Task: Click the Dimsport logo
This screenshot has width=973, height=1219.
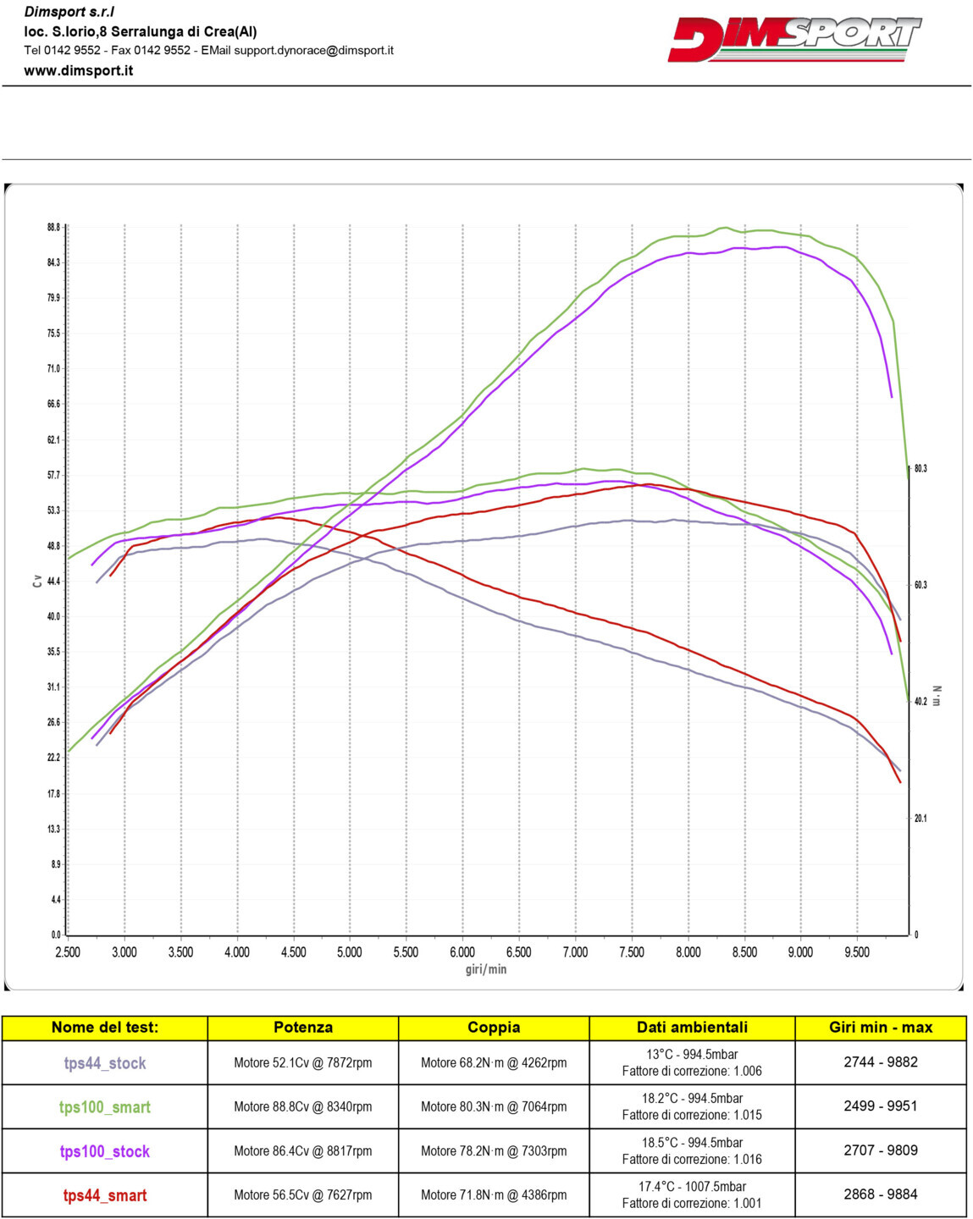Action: (793, 39)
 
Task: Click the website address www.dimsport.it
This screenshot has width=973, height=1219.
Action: (78, 71)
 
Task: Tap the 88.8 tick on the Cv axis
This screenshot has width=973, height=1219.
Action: (53, 227)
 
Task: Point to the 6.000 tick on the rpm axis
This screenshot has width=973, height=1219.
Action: (462, 952)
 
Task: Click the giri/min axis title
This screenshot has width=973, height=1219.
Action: (485, 969)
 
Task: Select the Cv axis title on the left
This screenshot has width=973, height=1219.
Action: (37, 581)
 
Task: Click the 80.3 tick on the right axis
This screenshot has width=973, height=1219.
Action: (920, 468)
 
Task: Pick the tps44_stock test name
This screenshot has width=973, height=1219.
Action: (105, 1063)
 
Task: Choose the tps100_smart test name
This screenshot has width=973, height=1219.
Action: (105, 1107)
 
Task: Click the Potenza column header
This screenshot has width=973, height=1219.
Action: (303, 1028)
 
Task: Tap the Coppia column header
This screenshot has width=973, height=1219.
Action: (494, 1028)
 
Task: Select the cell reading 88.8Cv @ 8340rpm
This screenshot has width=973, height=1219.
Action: (303, 1106)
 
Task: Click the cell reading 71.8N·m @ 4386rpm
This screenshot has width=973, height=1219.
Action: (494, 1194)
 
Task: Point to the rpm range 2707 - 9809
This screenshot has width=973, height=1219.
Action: (881, 1150)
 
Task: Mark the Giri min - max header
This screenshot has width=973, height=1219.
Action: (881, 1028)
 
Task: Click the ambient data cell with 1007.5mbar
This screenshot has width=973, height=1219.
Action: (692, 1194)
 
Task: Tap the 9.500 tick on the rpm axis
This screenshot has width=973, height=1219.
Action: (857, 952)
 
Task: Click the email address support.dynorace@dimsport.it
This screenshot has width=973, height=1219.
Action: (313, 50)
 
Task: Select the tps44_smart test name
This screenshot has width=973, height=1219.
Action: (105, 1195)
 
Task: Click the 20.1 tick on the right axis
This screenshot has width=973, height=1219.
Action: (920, 818)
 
